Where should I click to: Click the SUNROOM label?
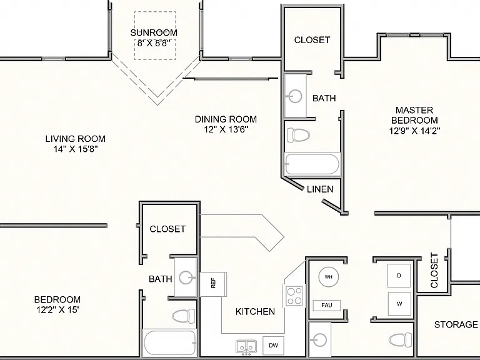tap(154, 32)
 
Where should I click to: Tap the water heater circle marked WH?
tap(329, 277)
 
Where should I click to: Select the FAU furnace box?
tap(327, 305)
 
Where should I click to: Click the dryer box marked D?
tap(399, 276)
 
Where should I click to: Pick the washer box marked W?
tap(399, 304)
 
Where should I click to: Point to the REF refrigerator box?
tap(213, 284)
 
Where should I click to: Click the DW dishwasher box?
tap(273, 346)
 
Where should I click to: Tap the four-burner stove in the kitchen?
tap(294, 296)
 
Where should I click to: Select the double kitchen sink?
tap(246, 347)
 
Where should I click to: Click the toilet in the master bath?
tap(298, 135)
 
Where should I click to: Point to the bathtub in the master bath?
tap(312, 164)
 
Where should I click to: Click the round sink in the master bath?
tap(295, 96)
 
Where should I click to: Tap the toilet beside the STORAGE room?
tap(401, 339)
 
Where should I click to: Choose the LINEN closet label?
tap(320, 189)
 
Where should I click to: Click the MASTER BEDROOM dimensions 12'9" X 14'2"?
tap(414, 131)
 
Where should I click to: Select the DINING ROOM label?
tap(226, 119)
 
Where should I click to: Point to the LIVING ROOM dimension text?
tap(76, 149)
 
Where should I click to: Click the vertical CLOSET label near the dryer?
tap(434, 270)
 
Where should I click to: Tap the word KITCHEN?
tap(255, 312)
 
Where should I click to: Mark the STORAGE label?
tap(456, 324)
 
